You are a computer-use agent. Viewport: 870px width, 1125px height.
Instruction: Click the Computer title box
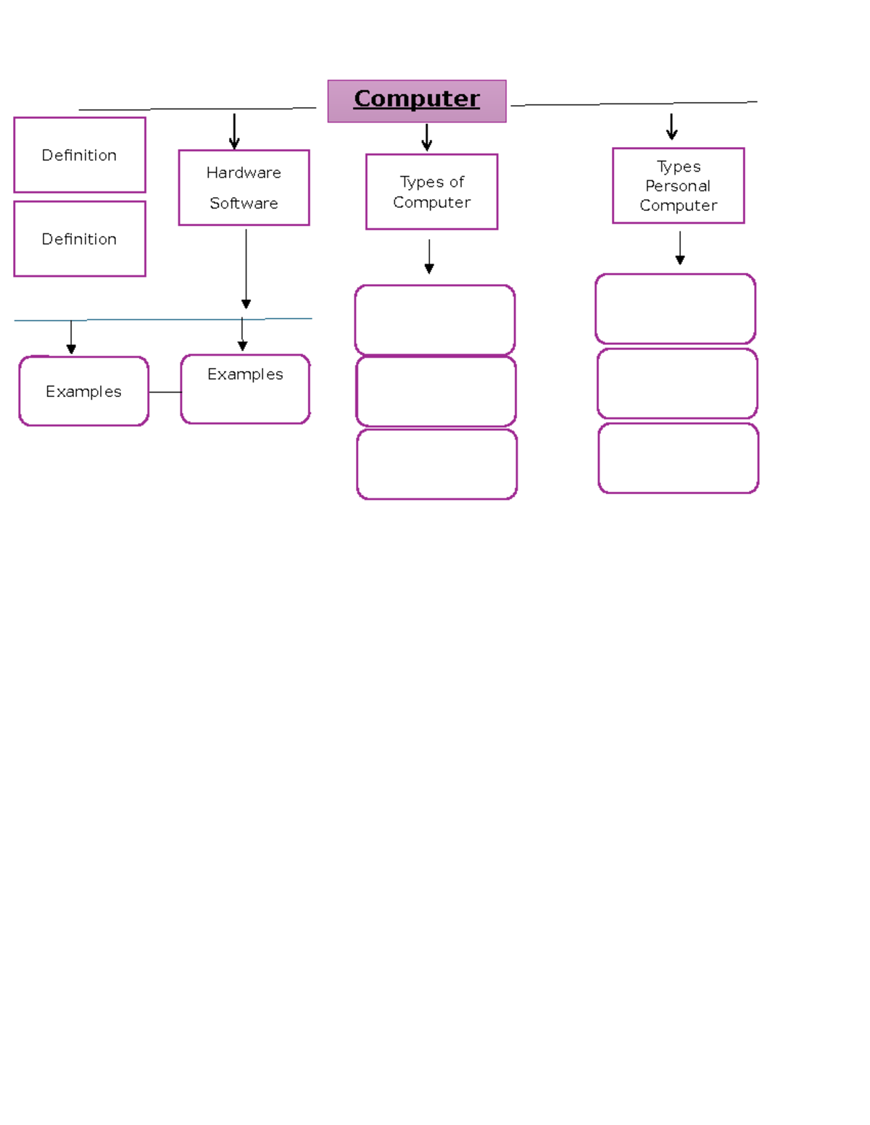pos(417,101)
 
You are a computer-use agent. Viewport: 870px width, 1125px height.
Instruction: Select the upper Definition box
pos(80,155)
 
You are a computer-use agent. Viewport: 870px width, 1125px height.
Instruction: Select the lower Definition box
pos(80,239)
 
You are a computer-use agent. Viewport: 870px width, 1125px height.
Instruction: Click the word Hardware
pos(244,172)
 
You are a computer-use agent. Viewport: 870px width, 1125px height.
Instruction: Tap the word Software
pos(244,204)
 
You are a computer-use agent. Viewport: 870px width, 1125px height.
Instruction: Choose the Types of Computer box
pos(431,192)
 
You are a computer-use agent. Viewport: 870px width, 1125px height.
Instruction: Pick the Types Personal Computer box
pos(678,186)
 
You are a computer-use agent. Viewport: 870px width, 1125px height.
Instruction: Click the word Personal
pos(678,186)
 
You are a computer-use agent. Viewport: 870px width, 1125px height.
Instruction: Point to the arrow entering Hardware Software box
pos(234,132)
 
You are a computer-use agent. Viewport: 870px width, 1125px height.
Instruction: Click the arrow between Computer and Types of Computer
pos(427,137)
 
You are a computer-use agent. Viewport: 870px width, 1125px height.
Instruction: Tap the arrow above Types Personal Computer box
pos(672,127)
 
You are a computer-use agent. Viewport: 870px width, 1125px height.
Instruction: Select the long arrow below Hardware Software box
pos(246,268)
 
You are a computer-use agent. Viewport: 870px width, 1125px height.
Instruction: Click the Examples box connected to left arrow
pos(83,391)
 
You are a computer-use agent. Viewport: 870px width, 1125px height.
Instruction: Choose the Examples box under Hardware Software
pos(245,389)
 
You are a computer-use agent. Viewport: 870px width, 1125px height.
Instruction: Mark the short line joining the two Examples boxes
pos(165,392)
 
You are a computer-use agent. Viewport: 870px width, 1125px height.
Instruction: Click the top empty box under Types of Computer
pos(435,319)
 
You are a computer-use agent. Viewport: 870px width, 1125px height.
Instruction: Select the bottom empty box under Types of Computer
pos(436,464)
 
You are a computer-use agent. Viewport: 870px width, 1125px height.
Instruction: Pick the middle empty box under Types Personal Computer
pos(677,384)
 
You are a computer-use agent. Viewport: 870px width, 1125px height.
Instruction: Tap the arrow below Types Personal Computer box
pos(680,248)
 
